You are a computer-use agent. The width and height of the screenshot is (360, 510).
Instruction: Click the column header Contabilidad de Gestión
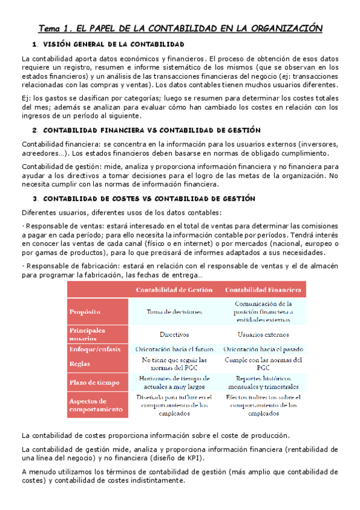(174, 290)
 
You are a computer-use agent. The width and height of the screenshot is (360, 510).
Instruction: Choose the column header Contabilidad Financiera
(264, 290)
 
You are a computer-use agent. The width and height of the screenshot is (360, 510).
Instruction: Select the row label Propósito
(85, 312)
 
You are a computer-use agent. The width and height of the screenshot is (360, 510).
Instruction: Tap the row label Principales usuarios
(87, 334)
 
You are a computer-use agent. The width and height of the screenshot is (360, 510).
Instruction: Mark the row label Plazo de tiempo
(93, 382)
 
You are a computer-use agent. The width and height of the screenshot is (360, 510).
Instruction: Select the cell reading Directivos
(174, 334)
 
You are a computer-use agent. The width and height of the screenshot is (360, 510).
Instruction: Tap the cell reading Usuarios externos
(264, 334)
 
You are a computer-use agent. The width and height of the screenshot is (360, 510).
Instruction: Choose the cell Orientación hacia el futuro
(174, 349)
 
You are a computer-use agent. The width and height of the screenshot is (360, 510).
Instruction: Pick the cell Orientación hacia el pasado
(264, 349)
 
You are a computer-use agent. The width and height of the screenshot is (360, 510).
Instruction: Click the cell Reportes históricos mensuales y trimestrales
(264, 382)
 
